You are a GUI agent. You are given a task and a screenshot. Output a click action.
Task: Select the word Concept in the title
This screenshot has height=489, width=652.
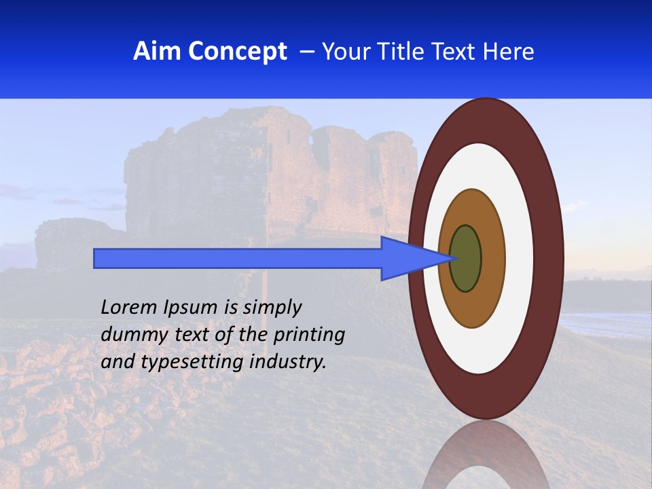click(x=237, y=52)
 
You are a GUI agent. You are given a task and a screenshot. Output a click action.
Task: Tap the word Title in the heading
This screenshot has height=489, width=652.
click(x=403, y=52)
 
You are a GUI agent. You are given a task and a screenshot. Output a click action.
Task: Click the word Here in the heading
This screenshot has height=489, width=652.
click(x=507, y=52)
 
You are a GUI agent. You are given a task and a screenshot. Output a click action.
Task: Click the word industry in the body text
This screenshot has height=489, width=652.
click(x=288, y=361)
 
